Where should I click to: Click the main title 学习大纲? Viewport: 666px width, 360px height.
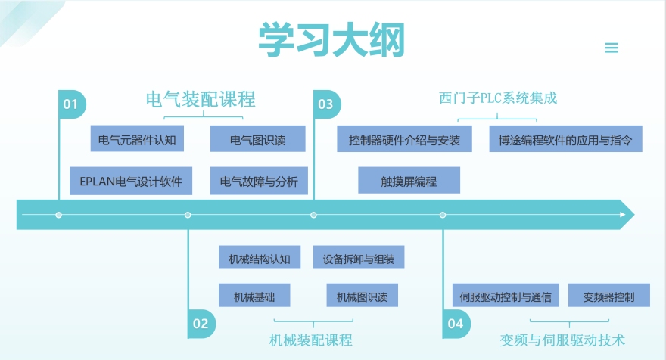pyautogui.click(x=331, y=40)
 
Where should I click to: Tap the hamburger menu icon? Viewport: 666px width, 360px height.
pyautogui.click(x=612, y=48)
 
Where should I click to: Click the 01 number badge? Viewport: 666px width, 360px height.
pyautogui.click(x=71, y=104)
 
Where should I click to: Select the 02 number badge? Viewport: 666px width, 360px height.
pyautogui.click(x=201, y=324)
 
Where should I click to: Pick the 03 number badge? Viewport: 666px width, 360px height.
pyautogui.click(x=326, y=104)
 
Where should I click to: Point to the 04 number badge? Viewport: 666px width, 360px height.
pyautogui.click(x=455, y=324)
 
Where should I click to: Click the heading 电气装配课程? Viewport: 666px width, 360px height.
pyautogui.click(x=201, y=99)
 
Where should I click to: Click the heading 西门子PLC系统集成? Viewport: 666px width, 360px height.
pyautogui.click(x=503, y=98)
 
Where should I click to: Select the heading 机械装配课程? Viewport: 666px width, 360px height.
pyautogui.click(x=311, y=340)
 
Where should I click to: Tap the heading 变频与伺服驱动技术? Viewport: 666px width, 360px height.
pyautogui.click(x=563, y=340)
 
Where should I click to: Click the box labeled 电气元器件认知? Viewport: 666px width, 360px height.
pyautogui.click(x=137, y=139)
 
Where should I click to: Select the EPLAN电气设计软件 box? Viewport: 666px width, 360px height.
pyautogui.click(x=130, y=182)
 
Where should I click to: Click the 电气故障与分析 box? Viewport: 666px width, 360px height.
pyautogui.click(x=259, y=182)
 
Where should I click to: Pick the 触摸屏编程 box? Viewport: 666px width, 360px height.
pyautogui.click(x=409, y=182)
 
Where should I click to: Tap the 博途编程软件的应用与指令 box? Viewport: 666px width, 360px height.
pyautogui.click(x=565, y=139)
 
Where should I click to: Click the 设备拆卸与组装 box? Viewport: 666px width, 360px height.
pyautogui.click(x=358, y=258)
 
